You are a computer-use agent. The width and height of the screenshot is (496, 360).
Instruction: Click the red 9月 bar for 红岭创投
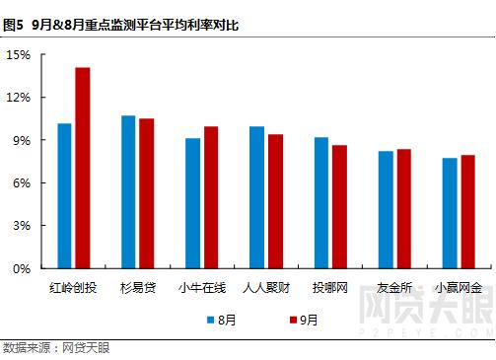pyautogui.click(x=83, y=168)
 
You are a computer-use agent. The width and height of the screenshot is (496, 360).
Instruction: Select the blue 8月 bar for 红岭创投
pyautogui.click(x=65, y=195)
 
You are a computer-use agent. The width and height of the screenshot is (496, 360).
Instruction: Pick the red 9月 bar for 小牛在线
pyautogui.click(x=211, y=197)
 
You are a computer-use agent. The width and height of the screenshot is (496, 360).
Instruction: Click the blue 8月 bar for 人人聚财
pyautogui.click(x=256, y=197)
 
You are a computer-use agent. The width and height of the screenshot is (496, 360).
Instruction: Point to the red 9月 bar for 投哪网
pyautogui.click(x=339, y=206)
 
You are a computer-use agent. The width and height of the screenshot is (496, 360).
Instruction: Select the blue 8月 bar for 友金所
pyautogui.click(x=386, y=209)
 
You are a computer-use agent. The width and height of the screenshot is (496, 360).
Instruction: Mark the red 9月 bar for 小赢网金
pyautogui.click(x=467, y=211)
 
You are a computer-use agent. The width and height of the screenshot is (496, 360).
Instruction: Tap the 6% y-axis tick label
pyautogui.click(x=23, y=183)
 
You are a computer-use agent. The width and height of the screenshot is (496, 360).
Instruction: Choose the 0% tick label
pyautogui.click(x=23, y=268)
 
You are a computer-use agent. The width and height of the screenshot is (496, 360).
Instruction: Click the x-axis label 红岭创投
pyautogui.click(x=74, y=288)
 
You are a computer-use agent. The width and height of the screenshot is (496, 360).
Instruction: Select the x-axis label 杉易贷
pyautogui.click(x=138, y=288)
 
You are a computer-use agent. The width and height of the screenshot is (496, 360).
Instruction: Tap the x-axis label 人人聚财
pyautogui.click(x=266, y=288)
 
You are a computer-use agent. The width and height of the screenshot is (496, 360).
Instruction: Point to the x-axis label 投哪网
pyautogui.click(x=330, y=288)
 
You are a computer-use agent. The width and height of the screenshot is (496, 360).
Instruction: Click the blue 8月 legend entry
pyautogui.click(x=222, y=320)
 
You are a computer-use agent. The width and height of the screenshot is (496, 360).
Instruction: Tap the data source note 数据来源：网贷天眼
pyautogui.click(x=56, y=348)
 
